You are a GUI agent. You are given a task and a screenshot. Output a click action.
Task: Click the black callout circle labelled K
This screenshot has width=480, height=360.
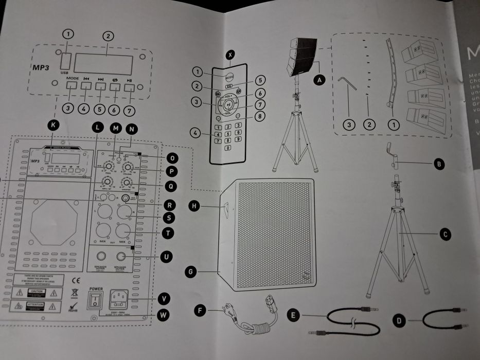click(51, 124)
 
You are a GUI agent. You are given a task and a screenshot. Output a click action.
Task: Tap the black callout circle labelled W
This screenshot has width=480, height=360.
click(164, 315)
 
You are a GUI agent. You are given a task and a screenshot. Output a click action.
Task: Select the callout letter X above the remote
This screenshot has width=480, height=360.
click(230, 53)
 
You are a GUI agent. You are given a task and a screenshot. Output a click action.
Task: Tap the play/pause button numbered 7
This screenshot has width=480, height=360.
click(129, 86)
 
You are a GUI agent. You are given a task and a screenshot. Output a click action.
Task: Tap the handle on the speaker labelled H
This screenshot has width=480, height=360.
click(225, 207)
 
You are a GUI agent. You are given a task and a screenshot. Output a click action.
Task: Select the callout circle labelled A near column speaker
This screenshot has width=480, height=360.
click(321, 80)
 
